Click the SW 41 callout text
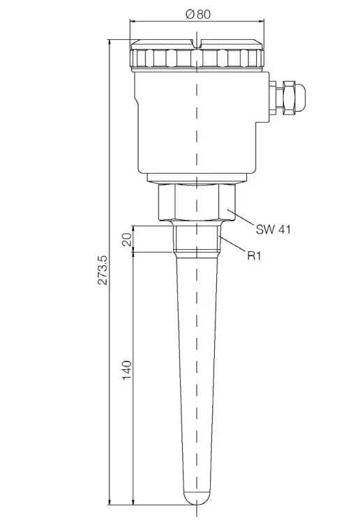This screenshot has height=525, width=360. [273, 228]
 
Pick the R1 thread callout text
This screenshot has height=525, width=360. [254, 256]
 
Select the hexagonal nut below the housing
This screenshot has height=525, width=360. [198, 202]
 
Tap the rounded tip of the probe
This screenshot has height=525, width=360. [198, 496]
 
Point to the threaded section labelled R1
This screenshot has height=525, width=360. [198, 239]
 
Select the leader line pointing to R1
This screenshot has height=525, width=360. [233, 246]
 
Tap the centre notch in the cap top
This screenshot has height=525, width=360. [198, 48]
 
